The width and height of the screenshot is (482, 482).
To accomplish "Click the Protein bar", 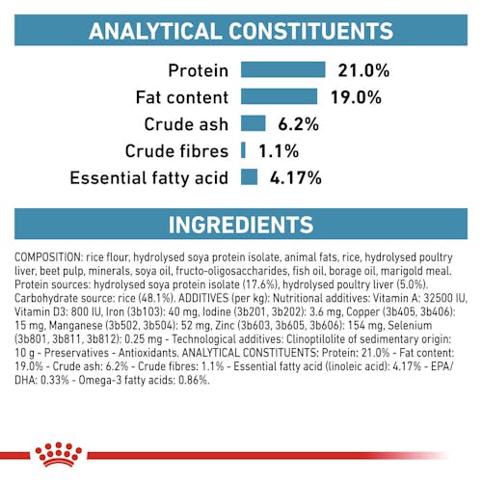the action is [x=282, y=69].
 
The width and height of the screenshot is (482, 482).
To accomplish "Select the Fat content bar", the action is [x=279, y=96].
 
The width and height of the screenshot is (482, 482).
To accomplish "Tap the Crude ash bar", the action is [x=254, y=123].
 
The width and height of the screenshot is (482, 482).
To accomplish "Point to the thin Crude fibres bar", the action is [x=243, y=150].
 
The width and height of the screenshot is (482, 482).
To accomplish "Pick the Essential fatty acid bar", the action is [x=249, y=176].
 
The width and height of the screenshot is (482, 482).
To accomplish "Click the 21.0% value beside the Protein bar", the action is [x=363, y=70].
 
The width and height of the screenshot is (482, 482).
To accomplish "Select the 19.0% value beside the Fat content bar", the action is [x=356, y=97].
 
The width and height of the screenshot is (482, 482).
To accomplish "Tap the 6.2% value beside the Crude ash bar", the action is [x=298, y=124].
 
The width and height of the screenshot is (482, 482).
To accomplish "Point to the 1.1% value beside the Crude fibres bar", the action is [x=279, y=151].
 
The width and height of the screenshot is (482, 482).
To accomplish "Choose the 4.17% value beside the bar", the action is [x=295, y=177].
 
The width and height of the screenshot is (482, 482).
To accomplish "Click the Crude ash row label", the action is [x=186, y=124].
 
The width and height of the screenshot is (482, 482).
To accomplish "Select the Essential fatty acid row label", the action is [x=149, y=178].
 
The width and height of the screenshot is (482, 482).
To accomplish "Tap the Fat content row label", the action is [x=182, y=97].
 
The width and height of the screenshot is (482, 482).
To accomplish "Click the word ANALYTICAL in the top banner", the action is [x=155, y=31].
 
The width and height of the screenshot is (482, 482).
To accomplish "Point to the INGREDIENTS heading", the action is [x=241, y=225].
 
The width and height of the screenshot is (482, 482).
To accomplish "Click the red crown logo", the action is [x=59, y=454].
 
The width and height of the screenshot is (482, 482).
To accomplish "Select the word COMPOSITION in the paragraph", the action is [x=49, y=257].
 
